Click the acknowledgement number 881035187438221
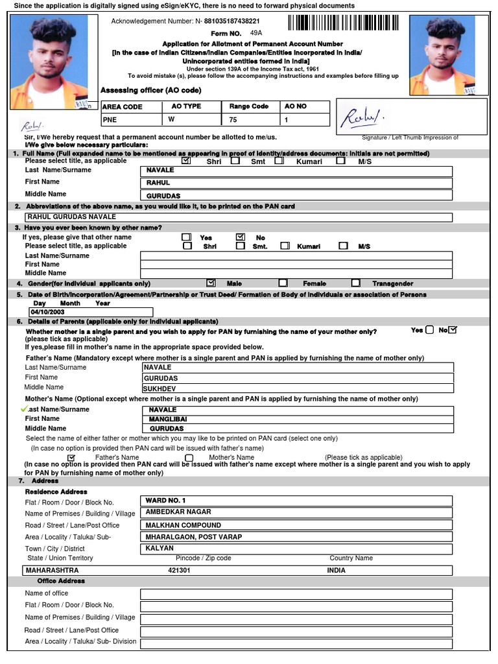[231, 21]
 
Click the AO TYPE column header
[186, 106]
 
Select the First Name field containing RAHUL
[296, 183]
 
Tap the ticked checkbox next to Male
[211, 283]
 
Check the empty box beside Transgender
[356, 283]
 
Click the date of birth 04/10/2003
[89, 312]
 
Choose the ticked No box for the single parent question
[453, 330]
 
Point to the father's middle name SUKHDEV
[296, 388]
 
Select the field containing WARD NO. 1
[296, 501]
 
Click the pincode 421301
[179, 571]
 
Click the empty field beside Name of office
[296, 593]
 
